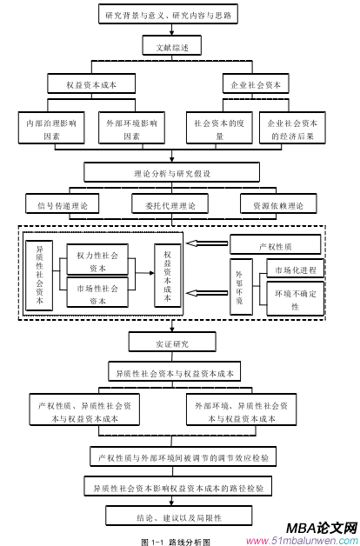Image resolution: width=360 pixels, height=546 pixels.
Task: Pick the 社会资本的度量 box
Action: point(220,130)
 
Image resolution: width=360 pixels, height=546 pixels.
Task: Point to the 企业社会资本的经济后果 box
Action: point(293,130)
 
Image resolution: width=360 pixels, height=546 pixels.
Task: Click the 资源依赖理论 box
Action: point(279,205)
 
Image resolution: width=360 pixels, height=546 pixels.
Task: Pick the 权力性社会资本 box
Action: point(97,260)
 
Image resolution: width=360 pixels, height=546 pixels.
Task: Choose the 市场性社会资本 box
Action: point(97,293)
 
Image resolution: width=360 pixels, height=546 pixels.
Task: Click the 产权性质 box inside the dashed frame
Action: point(274,246)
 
